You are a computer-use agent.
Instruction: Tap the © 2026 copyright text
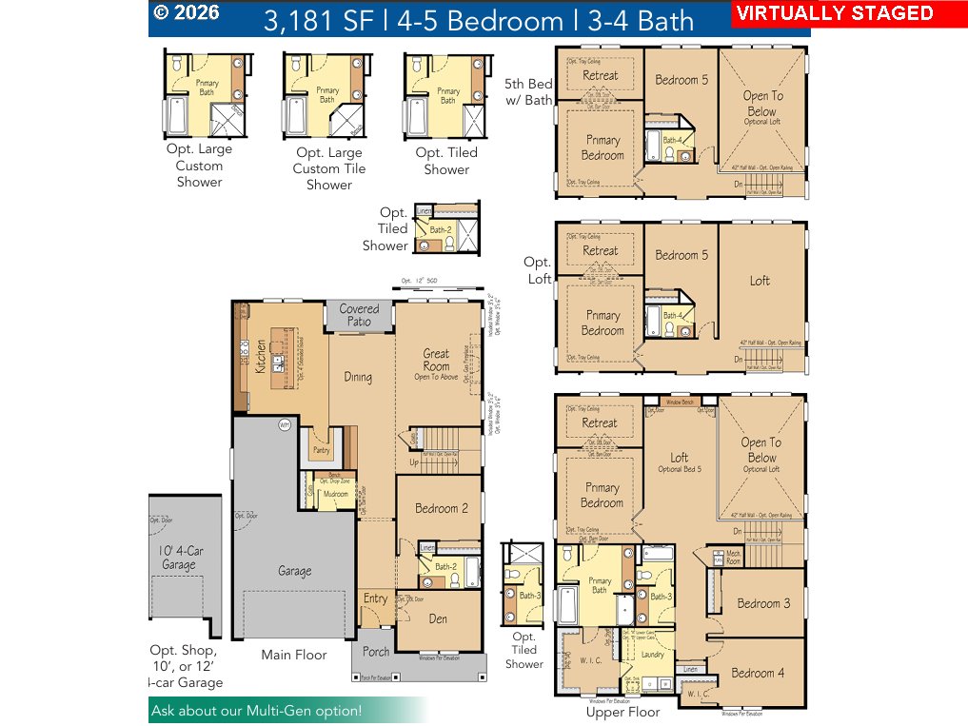pos(187,12)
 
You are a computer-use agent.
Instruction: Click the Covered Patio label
pos(359,315)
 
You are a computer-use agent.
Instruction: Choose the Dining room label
pos(358,378)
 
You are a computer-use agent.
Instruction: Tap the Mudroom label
pos(335,495)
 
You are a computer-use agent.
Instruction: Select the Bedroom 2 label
pos(441,509)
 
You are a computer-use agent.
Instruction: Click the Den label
pos(439,619)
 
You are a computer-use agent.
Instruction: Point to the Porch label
pos(375,653)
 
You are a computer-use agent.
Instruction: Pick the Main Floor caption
pos(294,655)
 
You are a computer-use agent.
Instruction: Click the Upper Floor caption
pos(622,712)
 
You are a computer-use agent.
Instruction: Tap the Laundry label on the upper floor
pos(653,655)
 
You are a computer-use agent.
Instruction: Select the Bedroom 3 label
pos(763,603)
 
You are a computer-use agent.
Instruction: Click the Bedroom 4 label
pos(758,673)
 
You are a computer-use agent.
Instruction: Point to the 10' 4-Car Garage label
pos(180,558)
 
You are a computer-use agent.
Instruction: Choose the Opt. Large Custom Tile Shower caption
pos(328,168)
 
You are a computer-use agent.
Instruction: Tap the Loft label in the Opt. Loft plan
pos(760,281)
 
